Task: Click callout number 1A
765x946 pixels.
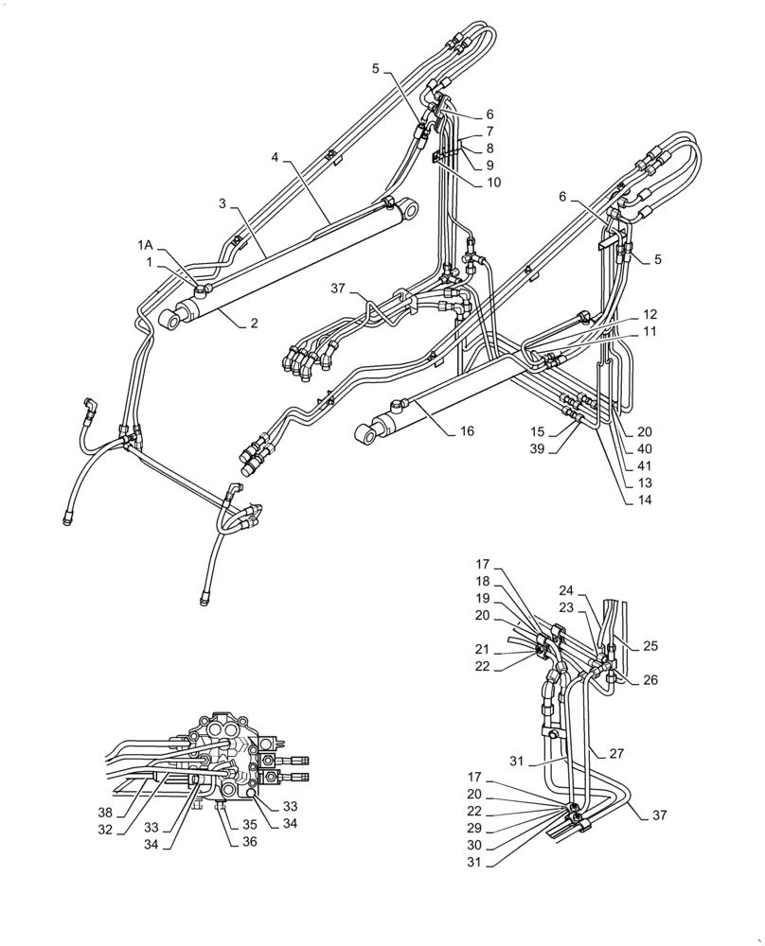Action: pyautogui.click(x=144, y=244)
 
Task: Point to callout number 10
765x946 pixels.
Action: pyautogui.click(x=494, y=183)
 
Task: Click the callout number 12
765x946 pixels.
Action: pyautogui.click(x=649, y=313)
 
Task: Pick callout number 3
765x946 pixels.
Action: pyautogui.click(x=222, y=203)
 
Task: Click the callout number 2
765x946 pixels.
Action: pyautogui.click(x=254, y=324)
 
